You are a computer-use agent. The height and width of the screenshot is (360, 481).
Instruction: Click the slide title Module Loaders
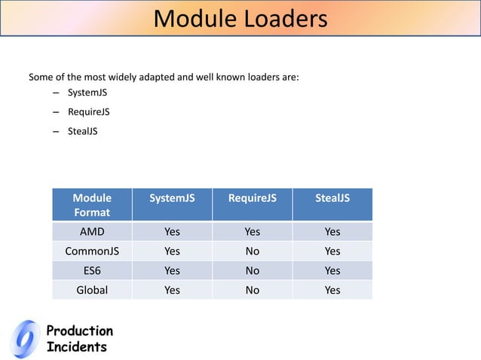[x=240, y=19]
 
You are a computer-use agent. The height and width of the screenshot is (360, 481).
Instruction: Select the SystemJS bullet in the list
[x=88, y=93]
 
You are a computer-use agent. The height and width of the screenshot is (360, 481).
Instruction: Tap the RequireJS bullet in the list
[x=89, y=112]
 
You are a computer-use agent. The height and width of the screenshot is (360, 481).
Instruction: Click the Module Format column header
[x=92, y=205]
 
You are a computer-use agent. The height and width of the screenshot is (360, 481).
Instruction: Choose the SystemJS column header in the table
[x=172, y=198]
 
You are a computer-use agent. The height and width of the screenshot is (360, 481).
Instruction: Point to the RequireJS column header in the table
[x=253, y=198]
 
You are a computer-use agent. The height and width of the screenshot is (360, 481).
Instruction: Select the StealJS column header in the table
[x=332, y=198]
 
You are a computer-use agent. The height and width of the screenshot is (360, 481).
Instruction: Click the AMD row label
[x=92, y=232]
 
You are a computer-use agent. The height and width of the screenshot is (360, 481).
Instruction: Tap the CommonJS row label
[x=92, y=252]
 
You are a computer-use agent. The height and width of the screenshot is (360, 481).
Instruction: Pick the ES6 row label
[x=92, y=270]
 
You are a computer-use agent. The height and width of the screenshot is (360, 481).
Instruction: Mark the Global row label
[x=92, y=290]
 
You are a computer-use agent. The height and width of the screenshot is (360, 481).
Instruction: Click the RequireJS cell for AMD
[x=253, y=232]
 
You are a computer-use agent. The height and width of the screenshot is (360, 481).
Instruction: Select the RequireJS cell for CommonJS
[x=253, y=252]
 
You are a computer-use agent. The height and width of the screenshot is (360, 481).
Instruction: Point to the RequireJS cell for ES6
[x=253, y=270]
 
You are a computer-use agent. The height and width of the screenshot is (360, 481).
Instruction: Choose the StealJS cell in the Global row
[x=332, y=290]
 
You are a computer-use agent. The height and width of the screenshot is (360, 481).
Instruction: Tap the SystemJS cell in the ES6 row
[x=172, y=270]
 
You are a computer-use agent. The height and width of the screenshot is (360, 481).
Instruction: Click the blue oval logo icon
[x=26, y=338]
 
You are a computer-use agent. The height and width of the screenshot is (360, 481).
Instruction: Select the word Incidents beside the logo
[x=77, y=347]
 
